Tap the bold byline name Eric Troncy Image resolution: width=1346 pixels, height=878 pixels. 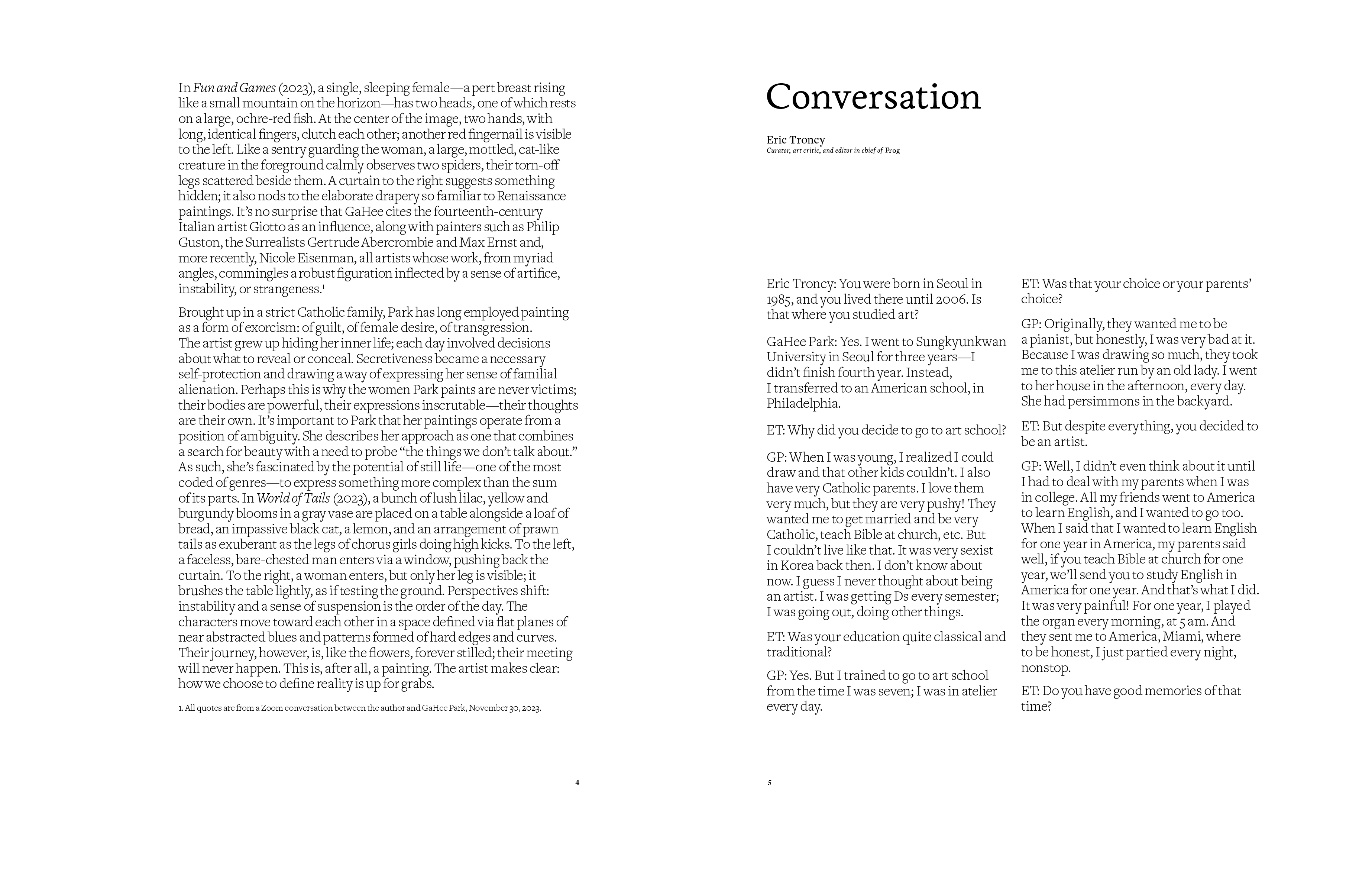(795, 140)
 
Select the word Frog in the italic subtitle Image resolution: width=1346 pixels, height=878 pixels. (892, 151)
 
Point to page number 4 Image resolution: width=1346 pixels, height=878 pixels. (577, 782)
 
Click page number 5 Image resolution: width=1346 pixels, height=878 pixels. (769, 782)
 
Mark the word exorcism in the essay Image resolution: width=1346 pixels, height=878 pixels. (269, 328)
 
